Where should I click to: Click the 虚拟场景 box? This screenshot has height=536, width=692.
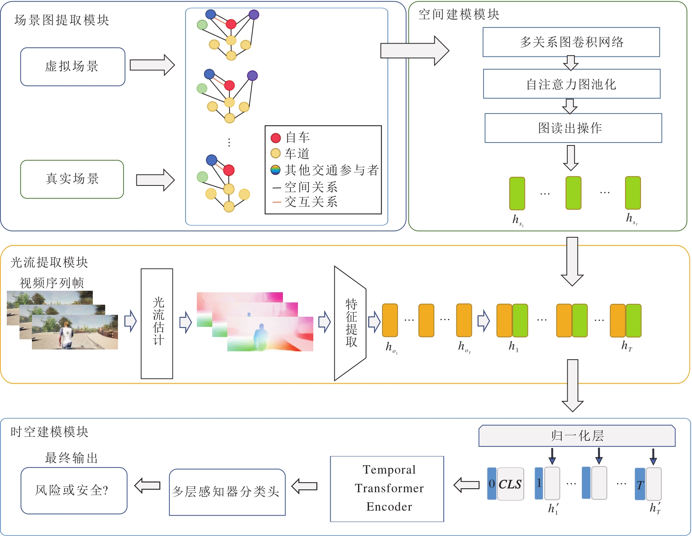73,67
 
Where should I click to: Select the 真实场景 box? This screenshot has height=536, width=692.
72,179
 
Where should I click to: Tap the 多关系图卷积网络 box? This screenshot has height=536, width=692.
571,42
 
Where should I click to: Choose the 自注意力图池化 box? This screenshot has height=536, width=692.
571,84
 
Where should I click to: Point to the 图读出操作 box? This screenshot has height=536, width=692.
573,128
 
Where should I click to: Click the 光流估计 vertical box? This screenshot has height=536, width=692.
157,323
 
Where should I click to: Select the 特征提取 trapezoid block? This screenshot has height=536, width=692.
350,323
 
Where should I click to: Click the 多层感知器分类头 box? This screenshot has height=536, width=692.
227,492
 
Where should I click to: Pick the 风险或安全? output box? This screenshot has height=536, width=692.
74,490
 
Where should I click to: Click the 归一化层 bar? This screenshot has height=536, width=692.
577,436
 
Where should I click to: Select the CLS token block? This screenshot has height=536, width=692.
510,484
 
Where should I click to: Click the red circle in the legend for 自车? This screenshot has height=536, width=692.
276,138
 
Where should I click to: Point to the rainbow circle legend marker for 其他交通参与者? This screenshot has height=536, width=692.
275,170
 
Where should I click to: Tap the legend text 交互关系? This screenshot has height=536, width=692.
311,202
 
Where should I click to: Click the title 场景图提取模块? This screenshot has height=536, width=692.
62,20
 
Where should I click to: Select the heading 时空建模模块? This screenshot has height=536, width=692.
49,432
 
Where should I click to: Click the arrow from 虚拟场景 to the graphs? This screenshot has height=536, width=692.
152,65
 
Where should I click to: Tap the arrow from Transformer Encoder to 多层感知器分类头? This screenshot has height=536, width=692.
305,486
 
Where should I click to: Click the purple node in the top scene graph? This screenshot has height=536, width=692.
254,15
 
